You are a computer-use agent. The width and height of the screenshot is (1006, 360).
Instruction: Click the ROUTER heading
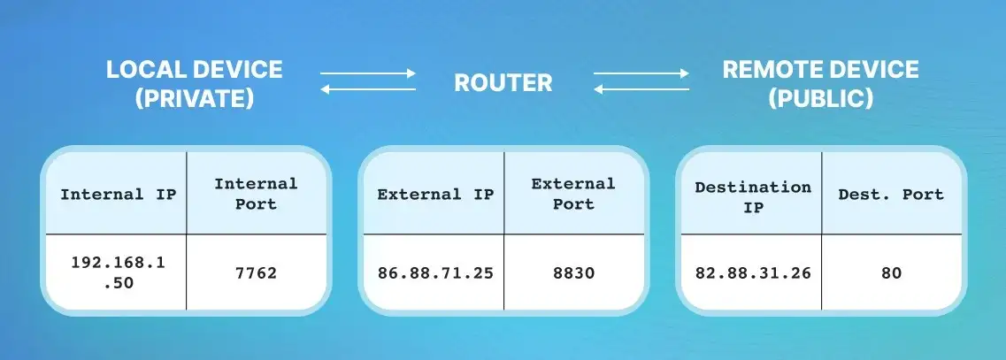503,83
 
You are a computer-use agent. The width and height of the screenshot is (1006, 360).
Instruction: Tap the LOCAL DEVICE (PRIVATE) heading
194,84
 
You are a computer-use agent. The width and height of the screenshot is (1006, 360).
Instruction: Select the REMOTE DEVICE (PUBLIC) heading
820,84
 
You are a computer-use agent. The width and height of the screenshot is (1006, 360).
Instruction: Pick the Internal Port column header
256,194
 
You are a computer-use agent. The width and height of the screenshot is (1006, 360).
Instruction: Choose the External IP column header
435,194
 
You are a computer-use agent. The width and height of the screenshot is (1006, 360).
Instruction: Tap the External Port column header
572,194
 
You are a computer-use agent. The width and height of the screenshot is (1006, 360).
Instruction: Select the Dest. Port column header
891,194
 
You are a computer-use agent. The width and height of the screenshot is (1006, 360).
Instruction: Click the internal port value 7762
256,272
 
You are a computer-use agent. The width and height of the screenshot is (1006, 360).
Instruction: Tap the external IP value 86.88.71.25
435,272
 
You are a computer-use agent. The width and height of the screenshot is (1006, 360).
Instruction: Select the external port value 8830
572,272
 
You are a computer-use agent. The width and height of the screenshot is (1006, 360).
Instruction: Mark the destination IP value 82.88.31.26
752,272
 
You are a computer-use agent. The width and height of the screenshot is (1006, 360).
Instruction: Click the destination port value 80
891,272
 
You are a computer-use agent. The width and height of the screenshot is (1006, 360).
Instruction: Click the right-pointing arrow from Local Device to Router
367,73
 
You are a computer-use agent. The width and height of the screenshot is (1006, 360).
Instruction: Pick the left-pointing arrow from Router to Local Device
367,89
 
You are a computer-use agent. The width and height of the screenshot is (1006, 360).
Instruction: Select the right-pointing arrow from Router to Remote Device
641,73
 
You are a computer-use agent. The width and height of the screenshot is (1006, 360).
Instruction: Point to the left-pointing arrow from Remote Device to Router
641,89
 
